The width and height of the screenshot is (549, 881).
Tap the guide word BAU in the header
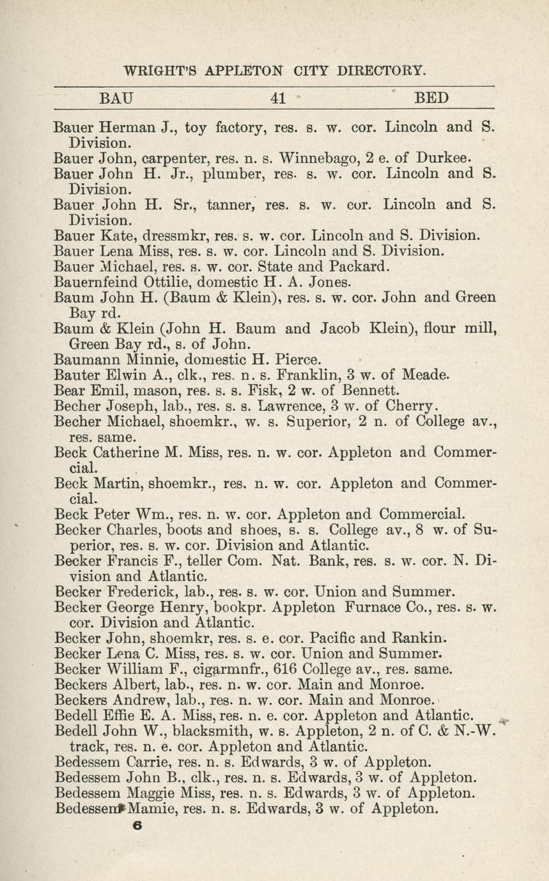click(116, 98)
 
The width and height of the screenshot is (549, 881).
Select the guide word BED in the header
click(431, 98)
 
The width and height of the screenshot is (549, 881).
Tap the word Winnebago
click(320, 158)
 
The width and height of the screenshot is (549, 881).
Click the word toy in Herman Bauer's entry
click(196, 127)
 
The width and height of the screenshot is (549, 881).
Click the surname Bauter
click(77, 375)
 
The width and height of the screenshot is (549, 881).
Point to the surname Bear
click(69, 390)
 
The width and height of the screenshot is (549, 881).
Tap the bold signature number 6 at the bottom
click(135, 825)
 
